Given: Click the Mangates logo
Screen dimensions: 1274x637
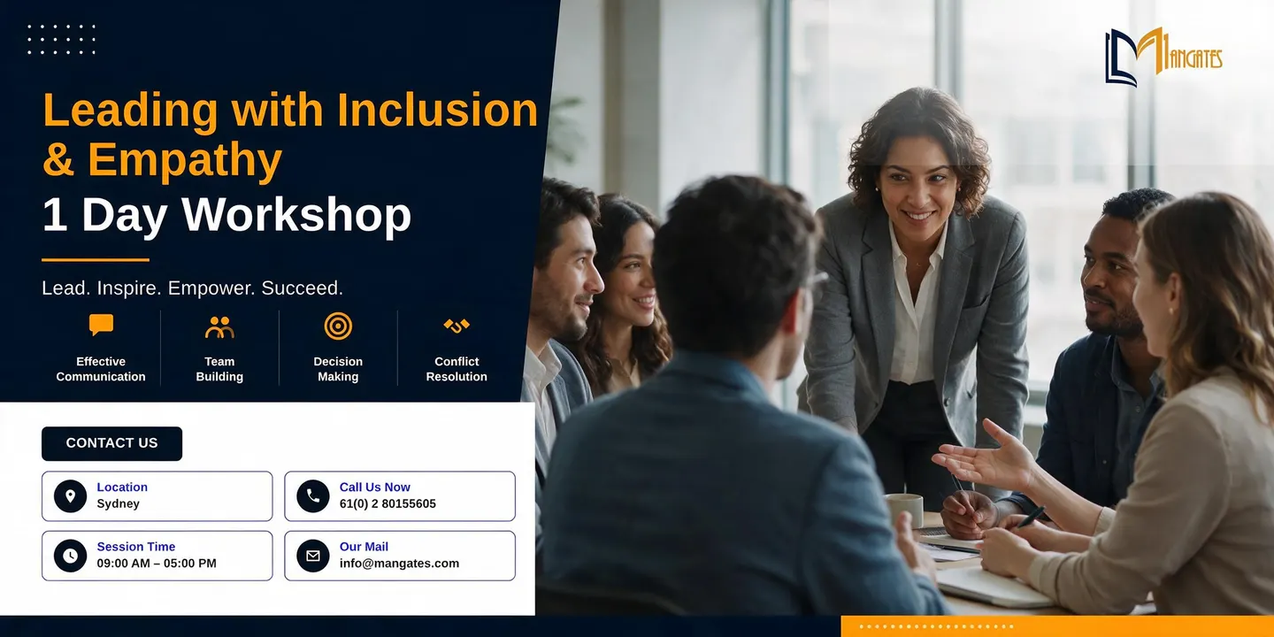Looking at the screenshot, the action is (1163, 57).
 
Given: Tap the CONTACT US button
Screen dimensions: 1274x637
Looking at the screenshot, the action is (112, 443).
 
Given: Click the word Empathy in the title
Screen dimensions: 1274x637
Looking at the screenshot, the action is (185, 160).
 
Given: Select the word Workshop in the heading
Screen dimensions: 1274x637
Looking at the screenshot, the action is (295, 215).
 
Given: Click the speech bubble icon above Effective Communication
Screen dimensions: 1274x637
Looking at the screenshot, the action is (101, 326).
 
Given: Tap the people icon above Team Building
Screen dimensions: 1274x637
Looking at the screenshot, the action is (219, 327).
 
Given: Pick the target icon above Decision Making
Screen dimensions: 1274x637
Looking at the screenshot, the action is (338, 326).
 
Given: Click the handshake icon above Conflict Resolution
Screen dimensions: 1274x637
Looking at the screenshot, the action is (457, 326).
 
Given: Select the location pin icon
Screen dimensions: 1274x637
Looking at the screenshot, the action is (71, 496).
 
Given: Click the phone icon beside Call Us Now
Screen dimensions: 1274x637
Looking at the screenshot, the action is (313, 496).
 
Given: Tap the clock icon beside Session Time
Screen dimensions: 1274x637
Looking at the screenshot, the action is (71, 556).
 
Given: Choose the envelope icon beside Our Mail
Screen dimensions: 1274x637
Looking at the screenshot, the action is (313, 556).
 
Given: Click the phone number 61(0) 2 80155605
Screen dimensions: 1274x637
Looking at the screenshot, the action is (388, 504).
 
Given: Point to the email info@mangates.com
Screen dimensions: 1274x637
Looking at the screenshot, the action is (399, 563).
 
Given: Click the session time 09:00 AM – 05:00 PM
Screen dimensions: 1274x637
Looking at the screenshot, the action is (157, 563).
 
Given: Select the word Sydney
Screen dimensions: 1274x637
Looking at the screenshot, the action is (118, 504).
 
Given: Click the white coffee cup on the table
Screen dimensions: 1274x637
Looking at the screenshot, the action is (904, 510).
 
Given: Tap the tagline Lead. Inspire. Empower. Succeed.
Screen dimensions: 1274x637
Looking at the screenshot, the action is (192, 288).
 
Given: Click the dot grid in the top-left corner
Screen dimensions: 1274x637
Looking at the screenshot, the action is (61, 40).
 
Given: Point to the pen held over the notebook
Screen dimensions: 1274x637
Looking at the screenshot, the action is (1030, 517).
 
